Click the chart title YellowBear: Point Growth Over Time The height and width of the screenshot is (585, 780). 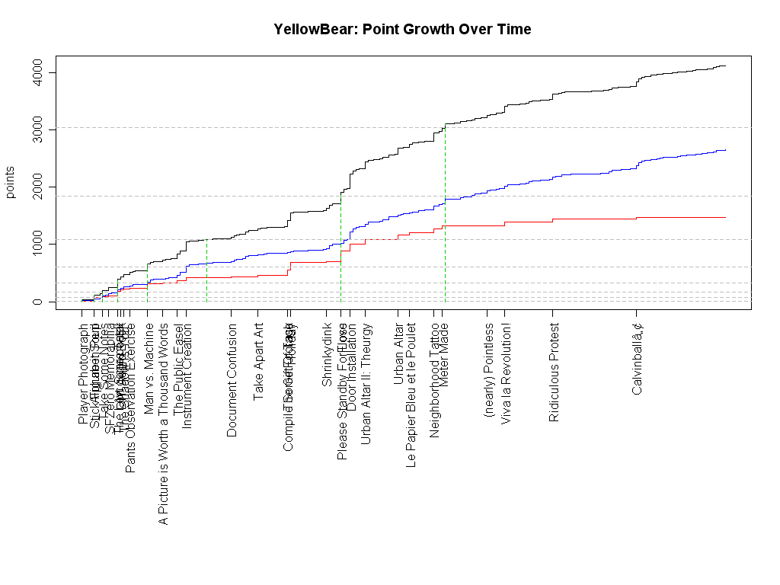(x=402, y=30)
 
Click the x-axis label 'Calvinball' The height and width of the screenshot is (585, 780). (x=638, y=359)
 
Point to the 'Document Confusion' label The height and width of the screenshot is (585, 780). (x=232, y=380)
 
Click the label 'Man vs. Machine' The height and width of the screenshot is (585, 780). (x=149, y=369)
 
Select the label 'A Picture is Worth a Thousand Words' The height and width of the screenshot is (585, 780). (x=163, y=424)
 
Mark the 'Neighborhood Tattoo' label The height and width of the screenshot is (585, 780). (x=435, y=379)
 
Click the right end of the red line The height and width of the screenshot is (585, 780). (x=724, y=218)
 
